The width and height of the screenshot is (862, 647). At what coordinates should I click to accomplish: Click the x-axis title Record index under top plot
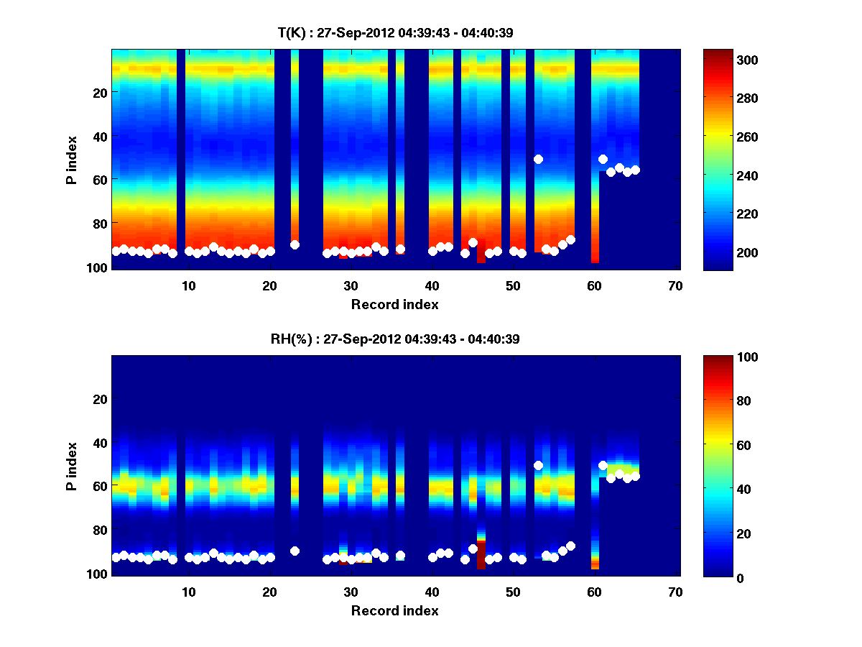click(x=394, y=305)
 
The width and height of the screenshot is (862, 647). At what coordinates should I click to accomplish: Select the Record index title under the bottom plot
click(x=394, y=611)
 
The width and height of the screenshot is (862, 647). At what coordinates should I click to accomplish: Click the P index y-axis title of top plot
click(x=72, y=160)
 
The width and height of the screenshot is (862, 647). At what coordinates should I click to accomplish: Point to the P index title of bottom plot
click(x=72, y=466)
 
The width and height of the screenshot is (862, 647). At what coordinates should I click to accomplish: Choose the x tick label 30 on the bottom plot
click(x=351, y=592)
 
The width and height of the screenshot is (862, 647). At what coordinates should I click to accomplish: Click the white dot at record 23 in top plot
click(x=295, y=244)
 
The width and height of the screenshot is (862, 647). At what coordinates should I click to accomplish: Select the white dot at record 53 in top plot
click(x=538, y=159)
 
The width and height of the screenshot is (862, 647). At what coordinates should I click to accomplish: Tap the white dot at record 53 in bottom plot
click(x=538, y=465)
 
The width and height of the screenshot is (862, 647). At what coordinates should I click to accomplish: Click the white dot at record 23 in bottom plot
click(x=295, y=551)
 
